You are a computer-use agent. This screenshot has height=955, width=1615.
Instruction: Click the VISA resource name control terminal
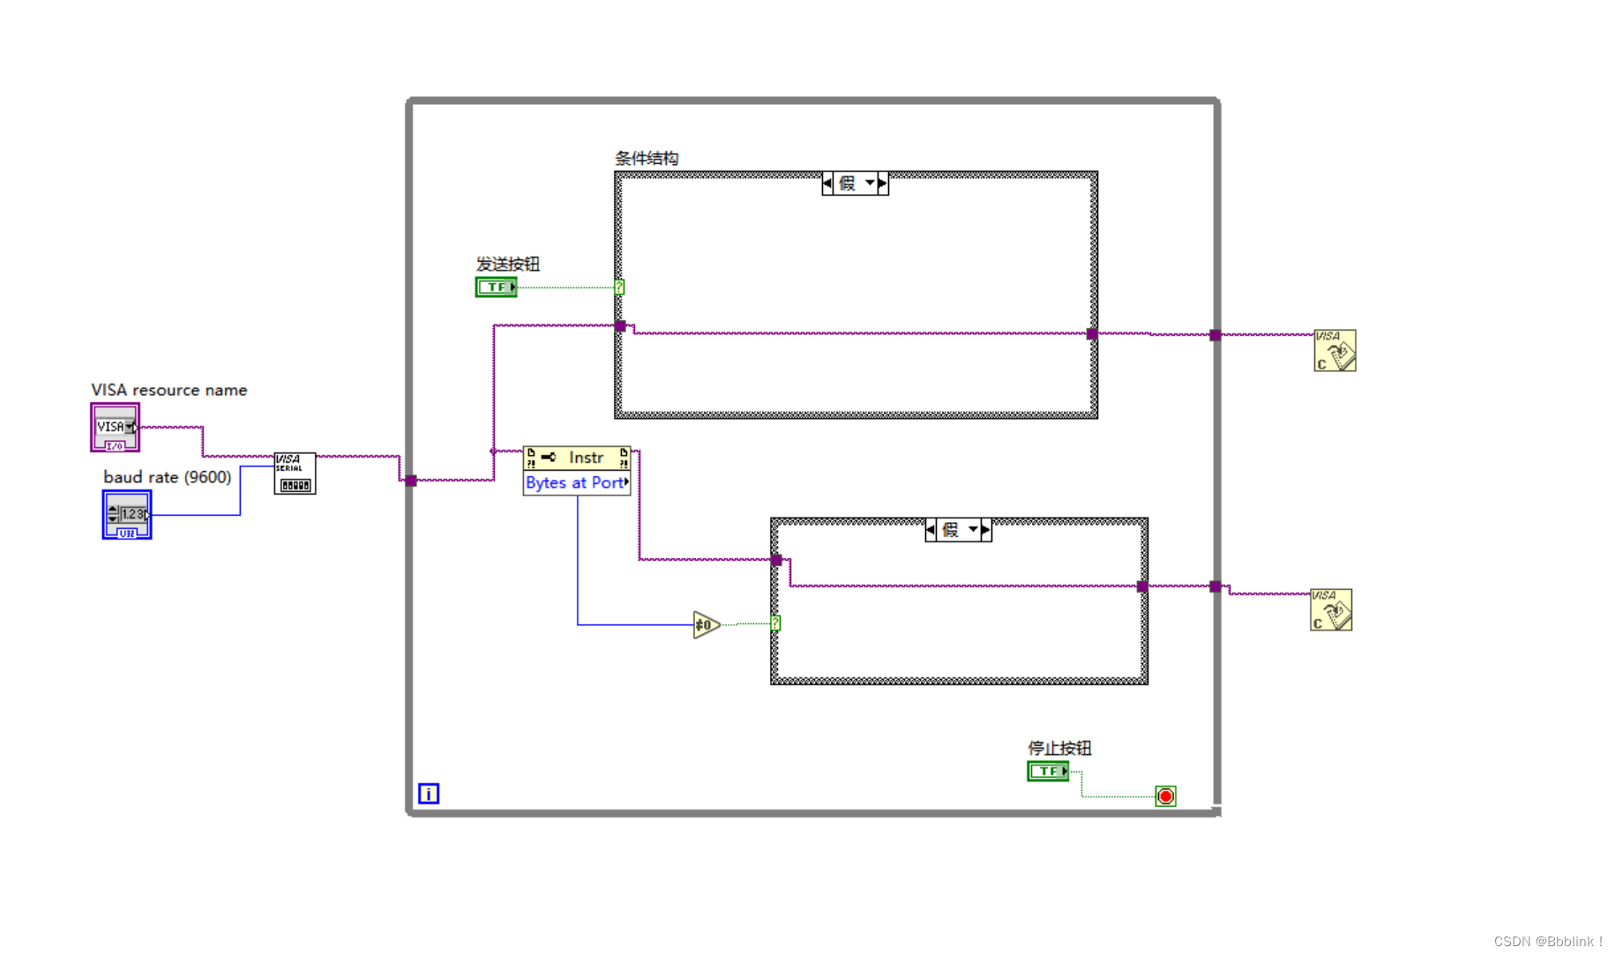coord(115,427)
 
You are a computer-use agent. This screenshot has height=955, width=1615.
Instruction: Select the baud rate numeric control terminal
coord(126,514)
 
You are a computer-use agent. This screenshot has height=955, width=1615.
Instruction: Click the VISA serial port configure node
coord(295,474)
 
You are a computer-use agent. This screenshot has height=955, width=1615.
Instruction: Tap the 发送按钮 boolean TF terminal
coord(496,287)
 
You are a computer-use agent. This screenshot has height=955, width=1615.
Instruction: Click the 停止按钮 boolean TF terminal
coord(1048,772)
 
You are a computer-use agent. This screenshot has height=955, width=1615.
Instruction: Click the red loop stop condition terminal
coord(1165,796)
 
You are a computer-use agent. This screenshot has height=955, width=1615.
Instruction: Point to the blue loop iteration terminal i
coord(429,794)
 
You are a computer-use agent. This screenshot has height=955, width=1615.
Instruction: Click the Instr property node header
coord(577,458)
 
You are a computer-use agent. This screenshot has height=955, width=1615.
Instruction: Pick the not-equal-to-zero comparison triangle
coord(706,625)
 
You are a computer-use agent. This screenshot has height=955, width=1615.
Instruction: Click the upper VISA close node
coord(1335,350)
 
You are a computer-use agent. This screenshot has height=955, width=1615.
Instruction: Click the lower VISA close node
coord(1331,609)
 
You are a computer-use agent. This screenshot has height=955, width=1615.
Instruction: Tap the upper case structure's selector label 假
coord(848,183)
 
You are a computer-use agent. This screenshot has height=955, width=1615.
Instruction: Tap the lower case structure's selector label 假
coord(951,530)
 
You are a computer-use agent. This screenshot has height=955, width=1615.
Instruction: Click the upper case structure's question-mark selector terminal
coord(619,287)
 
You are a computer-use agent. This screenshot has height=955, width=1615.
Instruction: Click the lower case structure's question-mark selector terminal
coord(775,623)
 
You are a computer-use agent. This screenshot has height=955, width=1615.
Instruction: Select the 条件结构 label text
coord(647,159)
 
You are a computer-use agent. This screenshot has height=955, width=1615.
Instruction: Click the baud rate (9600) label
coord(168,477)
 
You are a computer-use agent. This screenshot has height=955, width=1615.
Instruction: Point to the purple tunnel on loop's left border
coord(411,481)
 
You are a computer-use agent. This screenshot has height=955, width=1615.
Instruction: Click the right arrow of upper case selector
coord(882,183)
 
